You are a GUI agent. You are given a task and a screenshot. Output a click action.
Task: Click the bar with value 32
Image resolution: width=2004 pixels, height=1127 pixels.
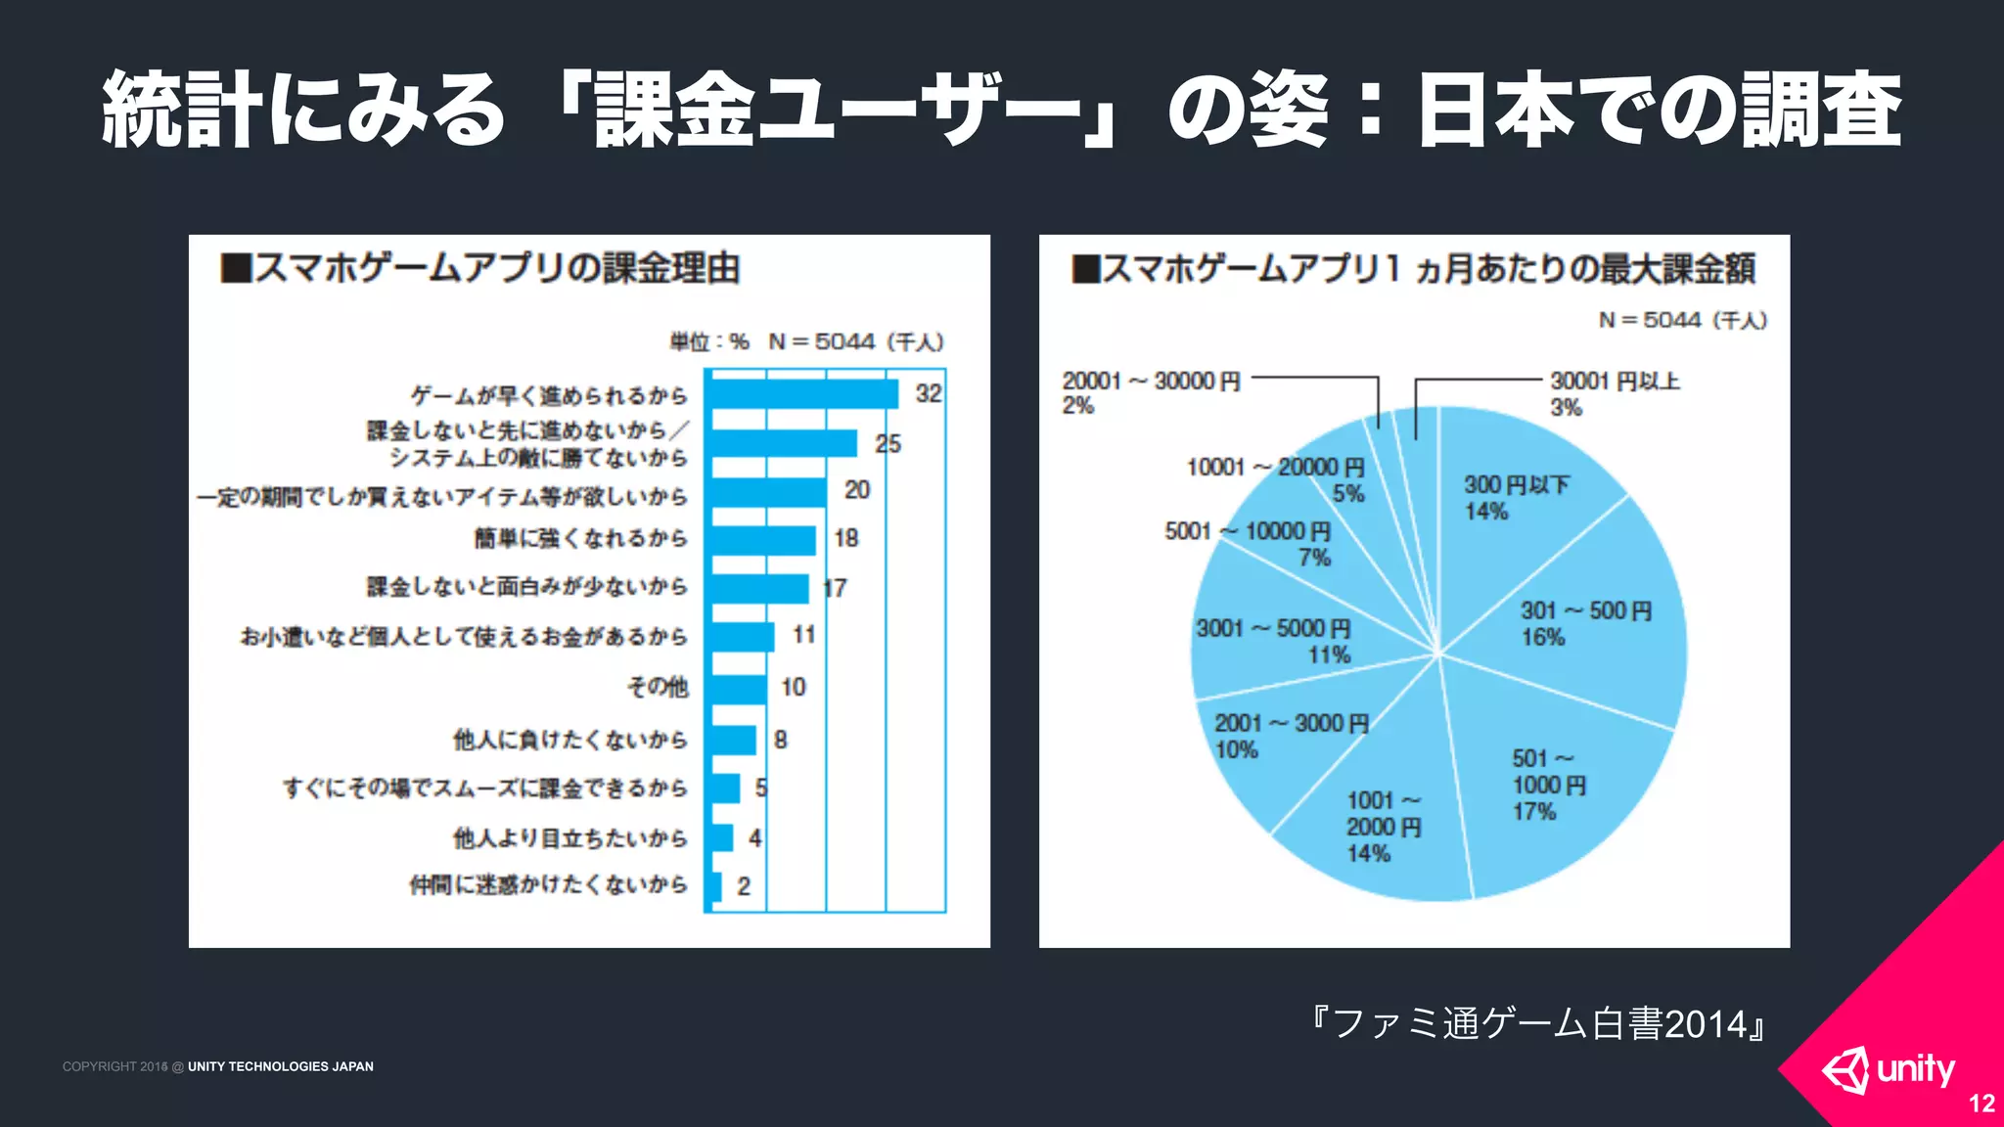(802, 394)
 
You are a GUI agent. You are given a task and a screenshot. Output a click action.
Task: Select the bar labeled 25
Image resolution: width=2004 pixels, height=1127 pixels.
(783, 443)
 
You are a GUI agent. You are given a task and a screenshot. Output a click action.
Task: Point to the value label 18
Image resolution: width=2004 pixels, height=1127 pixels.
(845, 538)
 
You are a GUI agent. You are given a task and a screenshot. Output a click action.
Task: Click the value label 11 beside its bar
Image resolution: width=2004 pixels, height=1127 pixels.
(803, 636)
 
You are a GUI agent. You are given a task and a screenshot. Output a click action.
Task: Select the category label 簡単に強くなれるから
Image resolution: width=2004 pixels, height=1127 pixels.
(581, 538)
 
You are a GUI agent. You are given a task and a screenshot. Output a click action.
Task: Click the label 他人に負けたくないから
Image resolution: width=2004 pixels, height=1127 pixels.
(569, 740)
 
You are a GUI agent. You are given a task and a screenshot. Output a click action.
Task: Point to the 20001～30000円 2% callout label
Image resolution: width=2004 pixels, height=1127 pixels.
(1151, 392)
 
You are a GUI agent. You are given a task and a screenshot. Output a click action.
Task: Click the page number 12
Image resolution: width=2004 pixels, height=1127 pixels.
(1981, 1104)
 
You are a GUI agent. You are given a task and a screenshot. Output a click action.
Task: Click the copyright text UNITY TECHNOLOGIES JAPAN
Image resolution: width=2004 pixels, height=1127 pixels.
(280, 1066)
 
